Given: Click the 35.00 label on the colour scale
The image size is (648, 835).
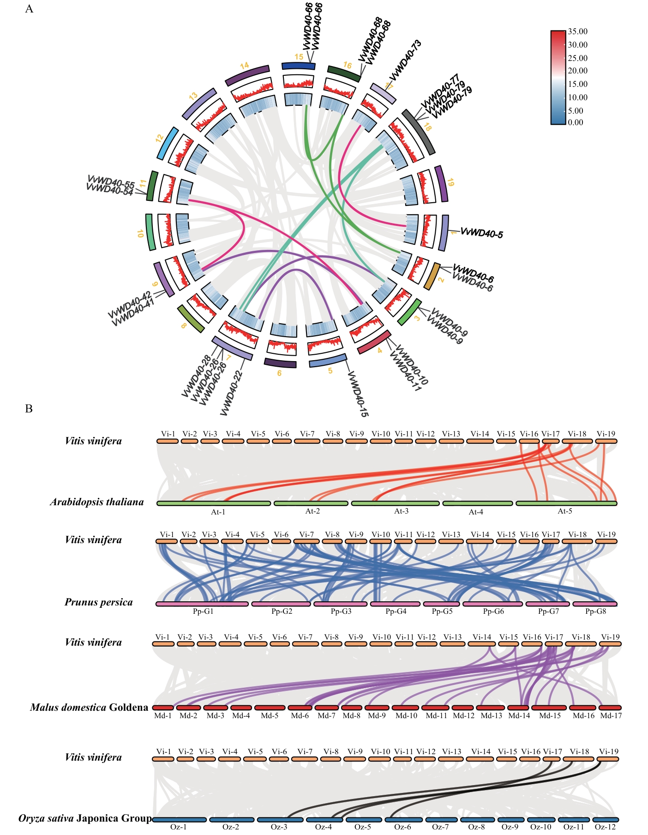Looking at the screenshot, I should tap(577, 31).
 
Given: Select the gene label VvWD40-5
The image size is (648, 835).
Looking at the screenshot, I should tap(481, 233).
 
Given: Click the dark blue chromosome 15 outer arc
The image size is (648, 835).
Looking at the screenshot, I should tap(298, 66).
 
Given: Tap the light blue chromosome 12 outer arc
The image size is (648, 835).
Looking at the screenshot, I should tap(167, 144).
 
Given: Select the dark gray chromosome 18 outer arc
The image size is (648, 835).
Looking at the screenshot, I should tap(418, 132).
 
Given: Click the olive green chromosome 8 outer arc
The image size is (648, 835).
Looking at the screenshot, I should tap(191, 318).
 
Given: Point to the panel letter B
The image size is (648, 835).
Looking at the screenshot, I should tap(29, 409).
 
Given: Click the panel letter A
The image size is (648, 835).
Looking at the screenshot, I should tap(29, 9).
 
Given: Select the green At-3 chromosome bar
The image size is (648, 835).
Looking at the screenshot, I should tap(395, 503).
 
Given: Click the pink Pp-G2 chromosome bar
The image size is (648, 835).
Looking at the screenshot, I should tap(281, 604).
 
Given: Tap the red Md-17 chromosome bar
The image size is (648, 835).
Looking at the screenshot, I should tap(611, 708).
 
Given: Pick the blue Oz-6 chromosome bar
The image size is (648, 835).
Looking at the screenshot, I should tap(403, 820).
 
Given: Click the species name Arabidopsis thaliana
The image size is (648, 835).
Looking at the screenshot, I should tap(97, 502).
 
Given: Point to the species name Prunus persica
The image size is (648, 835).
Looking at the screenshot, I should tap(98, 602).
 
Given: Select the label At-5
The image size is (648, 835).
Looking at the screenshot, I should tap(565, 511).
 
